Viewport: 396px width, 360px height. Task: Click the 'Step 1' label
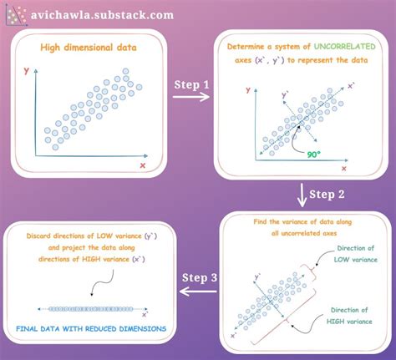point(194,85)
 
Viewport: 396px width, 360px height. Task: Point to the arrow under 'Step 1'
point(194,99)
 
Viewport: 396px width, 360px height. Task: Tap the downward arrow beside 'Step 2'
point(300,198)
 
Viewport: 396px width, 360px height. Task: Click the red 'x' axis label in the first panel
point(143,165)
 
